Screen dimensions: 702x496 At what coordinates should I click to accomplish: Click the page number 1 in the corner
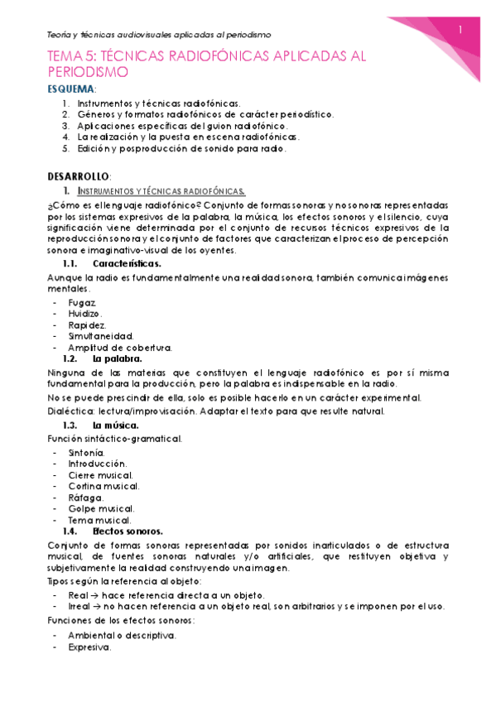click(460, 30)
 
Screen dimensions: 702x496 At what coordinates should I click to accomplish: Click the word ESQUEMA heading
click(70, 89)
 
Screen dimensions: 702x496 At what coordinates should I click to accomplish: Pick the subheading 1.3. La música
click(116, 425)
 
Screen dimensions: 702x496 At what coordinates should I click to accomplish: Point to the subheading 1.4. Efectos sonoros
click(128, 531)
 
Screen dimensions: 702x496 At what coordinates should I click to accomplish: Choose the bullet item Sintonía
click(87, 453)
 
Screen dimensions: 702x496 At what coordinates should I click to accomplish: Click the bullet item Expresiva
click(90, 647)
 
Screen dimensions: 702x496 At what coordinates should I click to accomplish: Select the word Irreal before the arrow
click(80, 606)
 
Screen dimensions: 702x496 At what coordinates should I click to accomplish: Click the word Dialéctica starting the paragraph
click(70, 411)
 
